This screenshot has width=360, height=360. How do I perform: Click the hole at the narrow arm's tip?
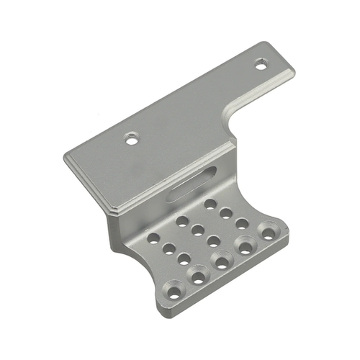pyautogui.click(x=260, y=65)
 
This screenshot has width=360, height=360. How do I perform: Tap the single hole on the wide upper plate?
pyautogui.click(x=131, y=138)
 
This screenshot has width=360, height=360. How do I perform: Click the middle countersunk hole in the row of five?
pyautogui.click(x=221, y=261)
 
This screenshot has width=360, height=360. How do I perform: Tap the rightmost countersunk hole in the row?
pyautogui.click(x=269, y=233)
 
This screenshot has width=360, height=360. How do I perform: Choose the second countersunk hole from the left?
pyautogui.click(x=197, y=276)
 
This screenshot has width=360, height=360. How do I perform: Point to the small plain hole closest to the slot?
pyautogui.click(x=210, y=204)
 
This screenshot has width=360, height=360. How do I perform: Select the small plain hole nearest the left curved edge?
pyautogui.click(x=153, y=238)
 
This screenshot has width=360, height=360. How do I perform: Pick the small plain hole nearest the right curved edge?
pyautogui.click(x=242, y=222)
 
